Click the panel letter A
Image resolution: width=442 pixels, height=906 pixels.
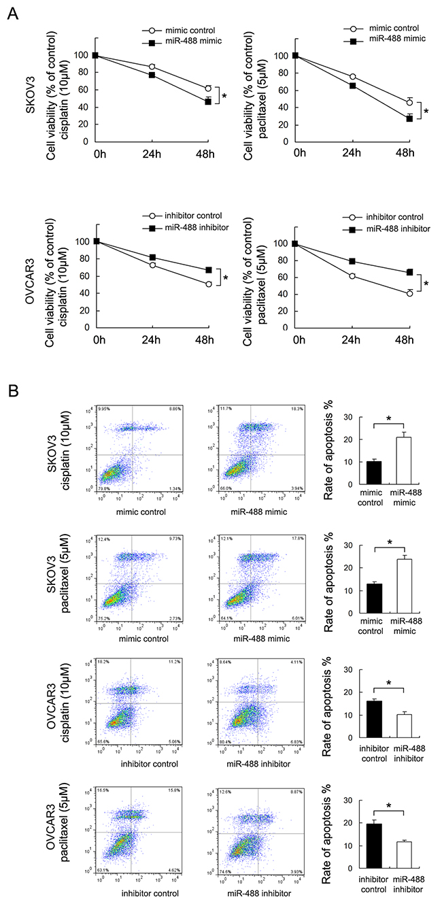click(12, 13)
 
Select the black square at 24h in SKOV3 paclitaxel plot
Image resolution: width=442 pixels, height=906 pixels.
click(352, 86)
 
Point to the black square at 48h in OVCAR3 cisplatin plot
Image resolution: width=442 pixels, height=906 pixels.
click(209, 270)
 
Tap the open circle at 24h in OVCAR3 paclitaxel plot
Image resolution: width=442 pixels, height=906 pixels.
click(352, 276)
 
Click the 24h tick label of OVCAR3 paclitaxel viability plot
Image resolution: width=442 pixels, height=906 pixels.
click(352, 339)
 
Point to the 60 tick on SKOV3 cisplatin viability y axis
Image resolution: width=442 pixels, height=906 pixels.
click(84, 90)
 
